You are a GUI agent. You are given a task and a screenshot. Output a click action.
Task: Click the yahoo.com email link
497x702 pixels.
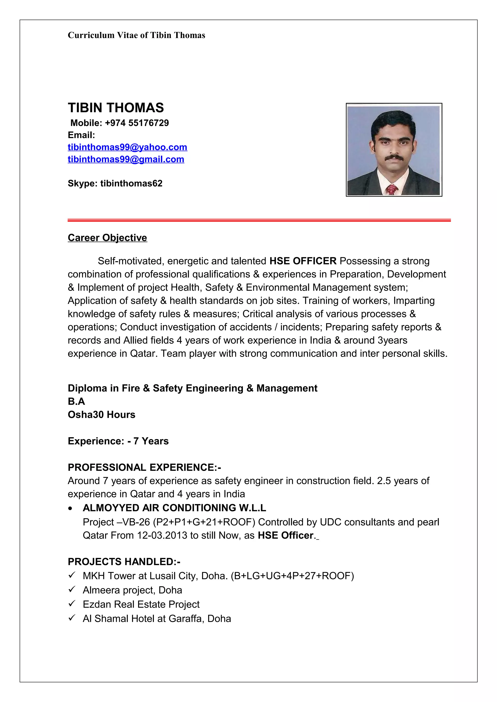click(127, 147)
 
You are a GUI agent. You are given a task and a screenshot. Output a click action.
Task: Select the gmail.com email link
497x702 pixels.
click(126, 159)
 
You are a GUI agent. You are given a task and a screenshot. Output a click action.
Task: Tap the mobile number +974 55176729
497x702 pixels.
click(137, 123)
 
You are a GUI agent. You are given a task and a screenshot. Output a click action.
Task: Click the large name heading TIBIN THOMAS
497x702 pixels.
click(116, 108)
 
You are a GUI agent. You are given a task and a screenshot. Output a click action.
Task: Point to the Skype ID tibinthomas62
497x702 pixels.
click(131, 183)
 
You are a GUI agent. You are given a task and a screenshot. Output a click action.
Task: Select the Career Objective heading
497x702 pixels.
click(107, 238)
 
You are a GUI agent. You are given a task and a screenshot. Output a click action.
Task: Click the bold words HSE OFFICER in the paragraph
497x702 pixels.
click(303, 261)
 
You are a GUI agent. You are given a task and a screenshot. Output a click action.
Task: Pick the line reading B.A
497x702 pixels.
click(76, 401)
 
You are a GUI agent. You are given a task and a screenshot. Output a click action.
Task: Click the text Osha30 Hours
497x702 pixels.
click(101, 415)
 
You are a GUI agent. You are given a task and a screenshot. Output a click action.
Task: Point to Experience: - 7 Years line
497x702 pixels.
click(118, 441)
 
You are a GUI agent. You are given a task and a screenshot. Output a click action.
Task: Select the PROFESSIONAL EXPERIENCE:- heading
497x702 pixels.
click(144, 468)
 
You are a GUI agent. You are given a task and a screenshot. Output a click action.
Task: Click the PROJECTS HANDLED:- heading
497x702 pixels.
click(124, 562)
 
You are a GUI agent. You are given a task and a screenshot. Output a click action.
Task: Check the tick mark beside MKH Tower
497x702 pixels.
click(72, 575)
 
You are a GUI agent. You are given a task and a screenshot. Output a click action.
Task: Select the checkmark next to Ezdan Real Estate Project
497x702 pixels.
click(72, 604)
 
